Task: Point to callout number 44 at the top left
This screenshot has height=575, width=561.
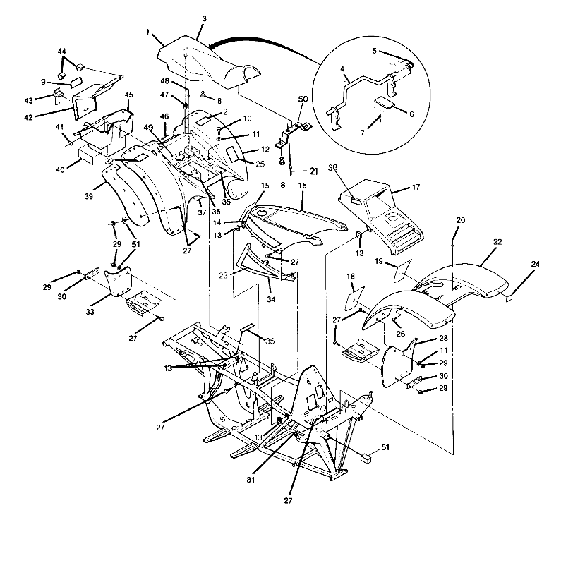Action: click(61, 53)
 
